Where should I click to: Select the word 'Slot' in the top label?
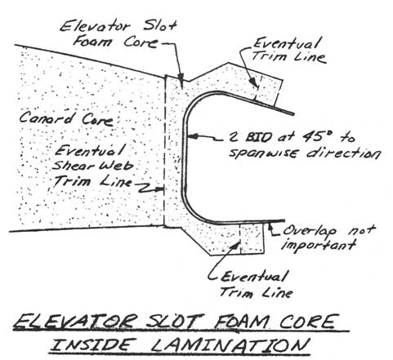(x=160, y=26)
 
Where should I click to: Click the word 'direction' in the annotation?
(x=343, y=153)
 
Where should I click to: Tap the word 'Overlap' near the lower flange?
(x=310, y=232)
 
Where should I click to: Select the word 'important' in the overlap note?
(x=319, y=245)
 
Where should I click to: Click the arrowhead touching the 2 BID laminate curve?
(x=192, y=136)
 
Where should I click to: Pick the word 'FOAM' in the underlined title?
(x=239, y=322)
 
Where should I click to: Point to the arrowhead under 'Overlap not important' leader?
(x=270, y=225)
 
